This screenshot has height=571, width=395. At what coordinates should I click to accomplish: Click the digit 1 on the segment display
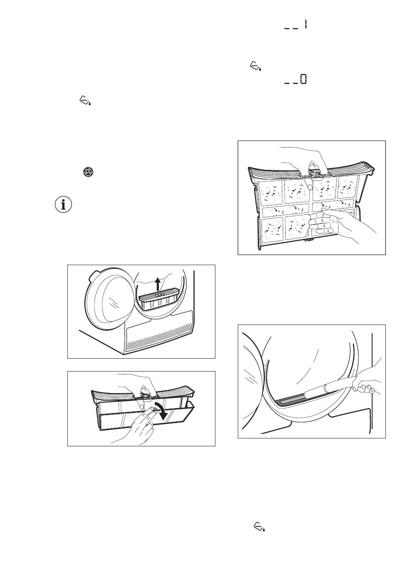pyautogui.click(x=305, y=25)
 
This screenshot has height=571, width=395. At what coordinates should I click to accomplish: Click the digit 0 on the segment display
pyautogui.click(x=303, y=79)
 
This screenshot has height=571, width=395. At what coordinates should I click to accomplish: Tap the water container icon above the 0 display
pyautogui.click(x=255, y=66)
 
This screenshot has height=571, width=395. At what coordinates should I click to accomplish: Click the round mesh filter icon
pyautogui.click(x=88, y=172)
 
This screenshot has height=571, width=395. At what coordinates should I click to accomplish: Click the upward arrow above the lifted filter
pyautogui.click(x=158, y=284)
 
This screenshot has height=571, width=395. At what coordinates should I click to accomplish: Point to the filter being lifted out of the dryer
pyautogui.click(x=158, y=298)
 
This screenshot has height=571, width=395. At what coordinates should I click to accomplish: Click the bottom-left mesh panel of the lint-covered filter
pyautogui.click(x=272, y=228)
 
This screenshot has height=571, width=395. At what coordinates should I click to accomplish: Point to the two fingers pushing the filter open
pyautogui.click(x=143, y=419)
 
